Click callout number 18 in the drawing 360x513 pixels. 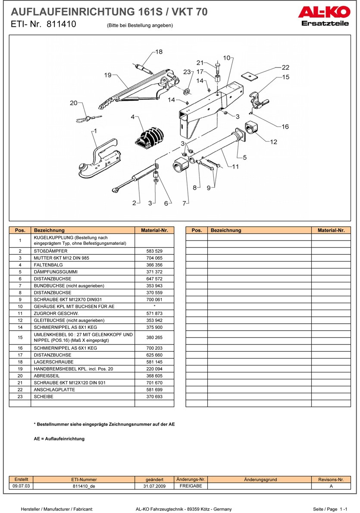coord(159,52)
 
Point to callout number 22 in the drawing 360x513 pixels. coord(285,68)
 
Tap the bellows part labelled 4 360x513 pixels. coord(150,137)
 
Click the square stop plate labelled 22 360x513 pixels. coord(249,75)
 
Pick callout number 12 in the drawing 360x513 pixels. coord(273,142)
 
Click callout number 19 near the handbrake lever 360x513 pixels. coord(108,75)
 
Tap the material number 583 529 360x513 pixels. coord(154,251)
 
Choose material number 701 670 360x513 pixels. coord(154,383)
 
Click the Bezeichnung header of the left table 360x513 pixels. coord(49,230)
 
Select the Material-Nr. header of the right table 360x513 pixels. coord(331,230)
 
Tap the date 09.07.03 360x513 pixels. coord(21,486)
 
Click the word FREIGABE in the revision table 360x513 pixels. coord(191,486)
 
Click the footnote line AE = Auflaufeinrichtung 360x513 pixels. coord(59,439)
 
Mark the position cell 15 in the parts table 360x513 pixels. coord(20,338)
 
